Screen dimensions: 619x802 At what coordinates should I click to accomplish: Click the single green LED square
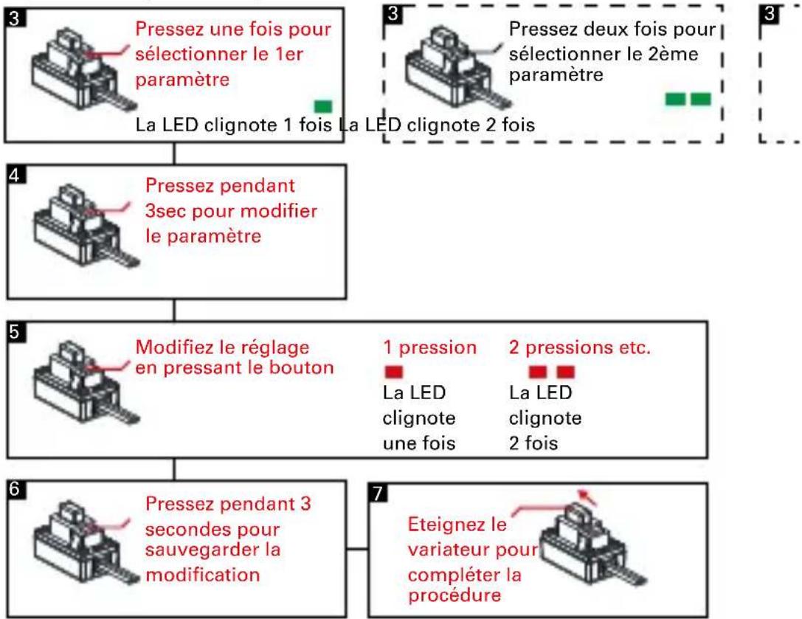coord(322,106)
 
